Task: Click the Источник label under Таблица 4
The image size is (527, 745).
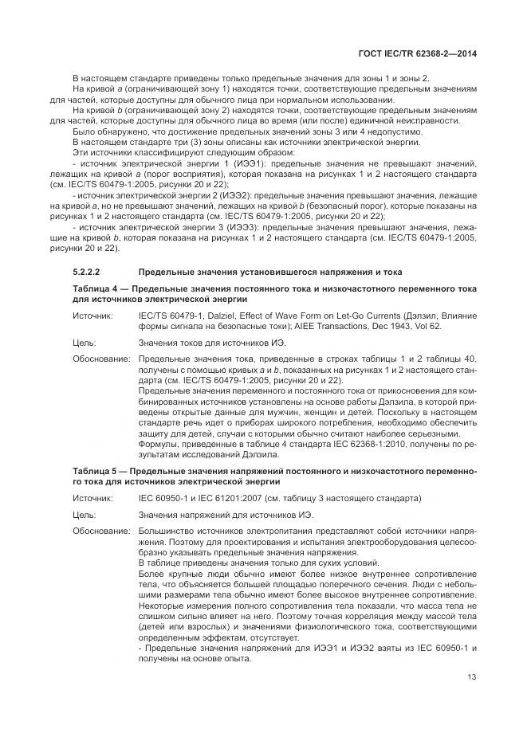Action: pyautogui.click(x=93, y=316)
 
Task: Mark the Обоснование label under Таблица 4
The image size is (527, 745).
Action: pyautogui.click(x=101, y=360)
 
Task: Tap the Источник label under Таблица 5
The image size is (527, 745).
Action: pyautogui.click(x=93, y=499)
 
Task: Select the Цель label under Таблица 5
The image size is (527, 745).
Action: pyautogui.click(x=85, y=516)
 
